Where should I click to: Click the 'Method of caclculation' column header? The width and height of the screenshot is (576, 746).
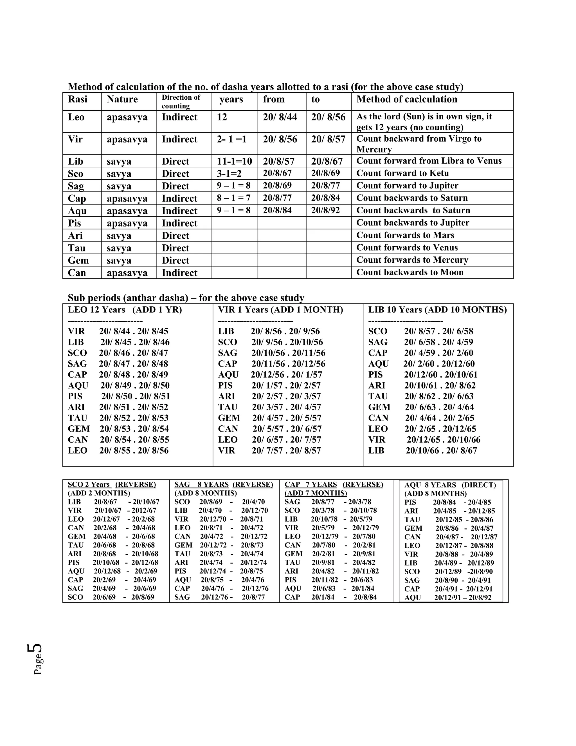point(406,99)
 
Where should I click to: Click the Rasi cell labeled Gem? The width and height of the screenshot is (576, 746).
point(78,260)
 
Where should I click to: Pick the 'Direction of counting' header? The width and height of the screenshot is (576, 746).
point(181,101)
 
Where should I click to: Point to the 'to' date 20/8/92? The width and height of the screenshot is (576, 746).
point(325,210)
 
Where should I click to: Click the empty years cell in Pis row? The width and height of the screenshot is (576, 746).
point(235,223)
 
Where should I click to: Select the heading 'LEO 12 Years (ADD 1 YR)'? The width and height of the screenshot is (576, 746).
point(125,310)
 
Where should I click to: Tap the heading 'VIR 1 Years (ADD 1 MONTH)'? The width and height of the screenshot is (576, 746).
point(280,310)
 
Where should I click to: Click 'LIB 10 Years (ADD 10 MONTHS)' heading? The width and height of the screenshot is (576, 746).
point(437,310)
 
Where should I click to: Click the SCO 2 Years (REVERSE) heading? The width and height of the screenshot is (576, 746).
point(112,484)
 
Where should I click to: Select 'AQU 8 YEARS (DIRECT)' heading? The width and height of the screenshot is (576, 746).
point(450,485)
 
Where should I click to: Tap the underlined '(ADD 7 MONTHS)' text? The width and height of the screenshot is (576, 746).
point(316,493)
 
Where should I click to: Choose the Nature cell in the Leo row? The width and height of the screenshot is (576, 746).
point(127,117)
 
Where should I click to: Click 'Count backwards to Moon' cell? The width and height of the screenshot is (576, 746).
point(409,272)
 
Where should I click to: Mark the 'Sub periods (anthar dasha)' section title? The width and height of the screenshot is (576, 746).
point(186,298)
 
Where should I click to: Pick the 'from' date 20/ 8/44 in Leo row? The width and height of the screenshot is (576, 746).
point(280,117)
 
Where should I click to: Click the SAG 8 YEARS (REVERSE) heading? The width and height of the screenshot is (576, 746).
point(224,484)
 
